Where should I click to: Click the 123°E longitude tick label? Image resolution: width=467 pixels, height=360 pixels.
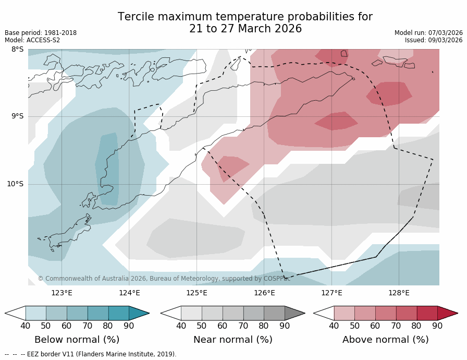point(62,293)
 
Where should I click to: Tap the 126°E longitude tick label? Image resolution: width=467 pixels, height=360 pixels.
point(264,293)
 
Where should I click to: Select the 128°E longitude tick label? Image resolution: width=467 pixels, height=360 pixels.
point(399,293)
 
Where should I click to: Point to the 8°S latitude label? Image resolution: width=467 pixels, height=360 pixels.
point(17,50)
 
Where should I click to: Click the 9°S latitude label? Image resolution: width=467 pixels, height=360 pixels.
point(17,116)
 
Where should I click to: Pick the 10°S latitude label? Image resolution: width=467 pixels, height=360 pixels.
point(15,184)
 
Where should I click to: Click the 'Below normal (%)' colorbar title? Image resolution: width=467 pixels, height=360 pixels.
point(77,340)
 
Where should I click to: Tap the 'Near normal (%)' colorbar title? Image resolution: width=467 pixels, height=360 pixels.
point(233,340)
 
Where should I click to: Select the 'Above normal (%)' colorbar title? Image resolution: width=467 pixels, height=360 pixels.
point(386,340)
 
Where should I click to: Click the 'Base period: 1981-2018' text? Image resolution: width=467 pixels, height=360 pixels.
point(41,33)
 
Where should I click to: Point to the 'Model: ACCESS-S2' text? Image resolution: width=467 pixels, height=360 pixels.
point(32,40)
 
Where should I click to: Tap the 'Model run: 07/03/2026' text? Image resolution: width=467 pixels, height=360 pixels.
point(428,33)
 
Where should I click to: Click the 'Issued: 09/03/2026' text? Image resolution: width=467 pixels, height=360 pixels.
point(434,40)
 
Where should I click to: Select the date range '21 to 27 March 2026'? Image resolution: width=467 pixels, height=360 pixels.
point(245,29)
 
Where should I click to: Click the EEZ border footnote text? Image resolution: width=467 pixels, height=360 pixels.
point(91,354)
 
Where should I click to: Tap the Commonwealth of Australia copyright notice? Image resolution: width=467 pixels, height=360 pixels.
point(164,279)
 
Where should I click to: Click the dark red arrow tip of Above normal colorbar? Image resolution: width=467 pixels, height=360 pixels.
point(449,313)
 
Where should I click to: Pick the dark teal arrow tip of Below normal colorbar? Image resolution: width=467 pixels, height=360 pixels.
point(140,313)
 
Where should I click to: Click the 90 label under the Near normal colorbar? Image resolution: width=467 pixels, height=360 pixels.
point(285,326)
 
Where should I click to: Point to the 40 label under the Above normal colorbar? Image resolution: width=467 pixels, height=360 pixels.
point(334,326)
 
